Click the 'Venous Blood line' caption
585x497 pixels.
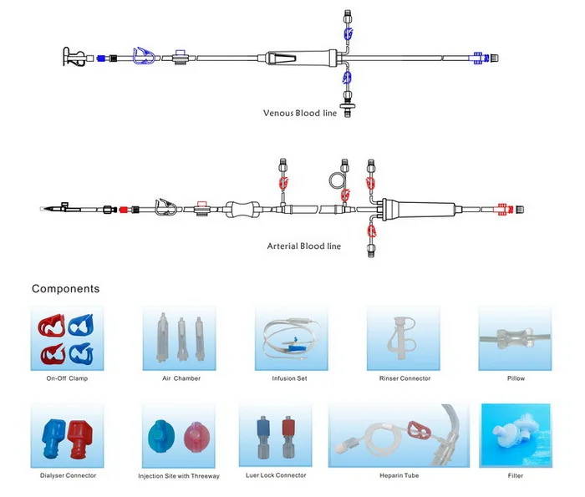pos(300,113)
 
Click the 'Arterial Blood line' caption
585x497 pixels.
pos(304,246)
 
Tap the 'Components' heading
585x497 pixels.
pos(65,289)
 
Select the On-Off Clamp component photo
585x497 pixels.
pos(67,337)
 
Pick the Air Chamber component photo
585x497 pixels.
pos(181,337)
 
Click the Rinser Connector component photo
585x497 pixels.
pos(404,337)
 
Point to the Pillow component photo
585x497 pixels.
pos(516,337)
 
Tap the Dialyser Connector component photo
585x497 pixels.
pos(67,435)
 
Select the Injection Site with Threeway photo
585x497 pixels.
pos(179,435)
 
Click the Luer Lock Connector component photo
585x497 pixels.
pos(278,435)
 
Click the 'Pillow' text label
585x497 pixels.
pos(516,378)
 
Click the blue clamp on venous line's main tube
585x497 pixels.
pos(144,57)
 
